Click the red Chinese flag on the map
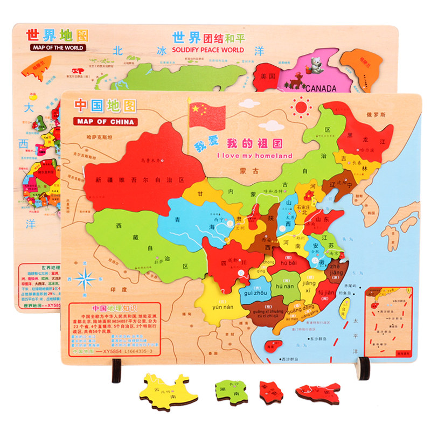pos(207,115)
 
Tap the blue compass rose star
pos(86,279)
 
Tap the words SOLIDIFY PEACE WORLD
pos(208,50)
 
